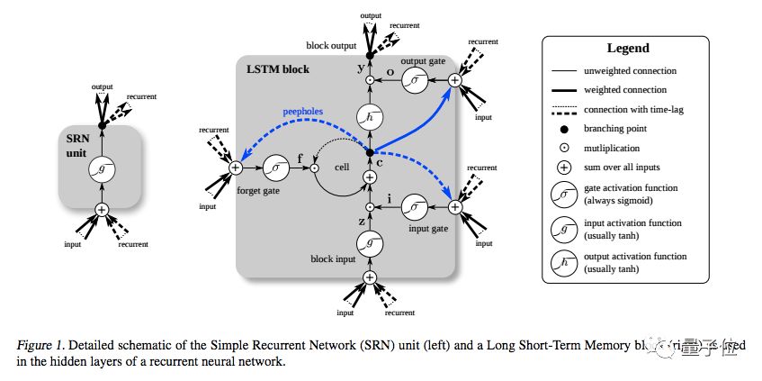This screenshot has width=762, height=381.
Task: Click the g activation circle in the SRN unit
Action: [x=101, y=171]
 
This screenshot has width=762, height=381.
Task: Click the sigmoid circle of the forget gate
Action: [x=273, y=168]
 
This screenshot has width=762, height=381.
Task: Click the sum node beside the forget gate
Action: [x=236, y=168]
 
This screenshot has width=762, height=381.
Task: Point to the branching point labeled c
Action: [x=369, y=151]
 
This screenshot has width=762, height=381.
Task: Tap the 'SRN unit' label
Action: [x=82, y=147]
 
